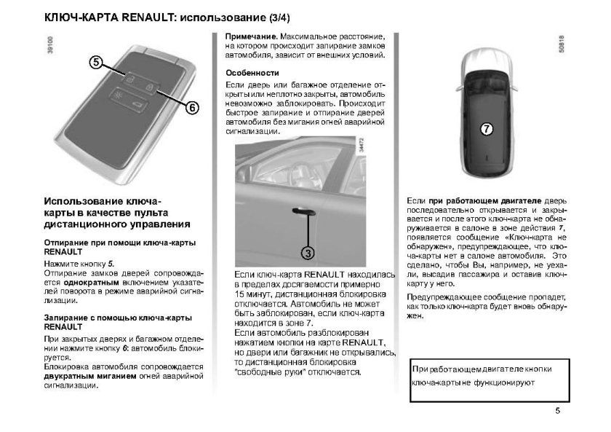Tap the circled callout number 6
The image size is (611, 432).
[x=190, y=108]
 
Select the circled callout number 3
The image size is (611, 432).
[x=308, y=253]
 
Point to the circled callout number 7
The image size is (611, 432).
[x=487, y=129]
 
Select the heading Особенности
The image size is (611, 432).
[x=252, y=73]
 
